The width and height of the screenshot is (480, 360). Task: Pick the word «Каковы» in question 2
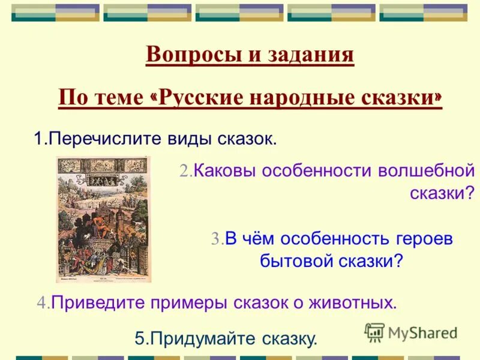(222, 171)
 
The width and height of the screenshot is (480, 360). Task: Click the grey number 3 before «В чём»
(217, 239)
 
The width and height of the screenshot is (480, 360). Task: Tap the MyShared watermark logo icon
(374, 332)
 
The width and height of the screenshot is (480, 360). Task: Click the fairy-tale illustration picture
(103, 219)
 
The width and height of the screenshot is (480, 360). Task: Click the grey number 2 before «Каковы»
(185, 171)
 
